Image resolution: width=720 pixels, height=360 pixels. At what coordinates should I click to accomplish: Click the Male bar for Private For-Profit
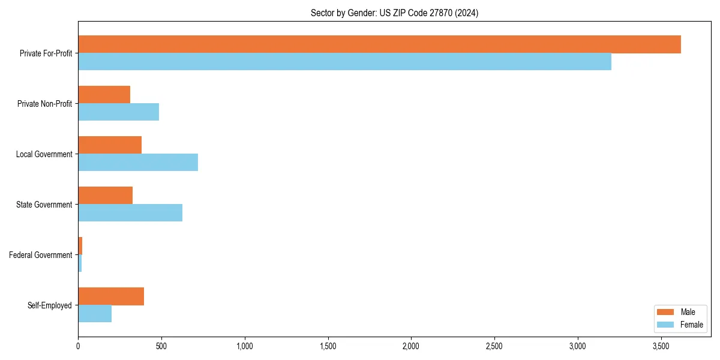pos(379,44)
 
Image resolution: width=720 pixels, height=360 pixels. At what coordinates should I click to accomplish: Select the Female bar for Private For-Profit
pos(344,62)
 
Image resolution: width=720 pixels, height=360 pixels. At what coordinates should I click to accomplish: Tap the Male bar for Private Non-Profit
pos(104,95)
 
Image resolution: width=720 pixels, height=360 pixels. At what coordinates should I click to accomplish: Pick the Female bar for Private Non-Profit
pos(118,112)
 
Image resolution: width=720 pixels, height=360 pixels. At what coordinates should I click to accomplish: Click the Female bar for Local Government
pos(138,163)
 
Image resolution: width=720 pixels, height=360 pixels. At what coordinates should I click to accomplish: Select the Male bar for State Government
pos(105,196)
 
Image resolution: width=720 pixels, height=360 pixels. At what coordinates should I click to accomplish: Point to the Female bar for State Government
pos(130,213)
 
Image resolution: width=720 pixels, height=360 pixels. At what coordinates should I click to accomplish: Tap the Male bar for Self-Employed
pos(111,296)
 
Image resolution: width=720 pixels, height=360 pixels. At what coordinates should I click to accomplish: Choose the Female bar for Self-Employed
pos(95,314)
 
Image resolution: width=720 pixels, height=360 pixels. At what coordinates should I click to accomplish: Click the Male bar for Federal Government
pos(80,246)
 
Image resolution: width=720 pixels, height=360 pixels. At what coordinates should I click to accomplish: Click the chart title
pos(394,13)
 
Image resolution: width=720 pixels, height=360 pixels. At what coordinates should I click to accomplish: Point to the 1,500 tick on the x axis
pos(328,347)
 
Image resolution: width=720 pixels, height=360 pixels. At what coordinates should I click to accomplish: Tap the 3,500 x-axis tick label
pos(661,347)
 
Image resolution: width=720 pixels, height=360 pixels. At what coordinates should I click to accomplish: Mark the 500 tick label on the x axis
pos(161,347)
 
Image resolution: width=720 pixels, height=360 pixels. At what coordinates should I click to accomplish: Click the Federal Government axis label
pos(41,255)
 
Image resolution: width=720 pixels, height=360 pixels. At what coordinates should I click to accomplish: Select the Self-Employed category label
pos(50,305)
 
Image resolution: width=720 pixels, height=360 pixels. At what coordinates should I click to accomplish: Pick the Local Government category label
pos(44,154)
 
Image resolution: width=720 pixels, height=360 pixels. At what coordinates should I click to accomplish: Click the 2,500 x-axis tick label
pos(494,347)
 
